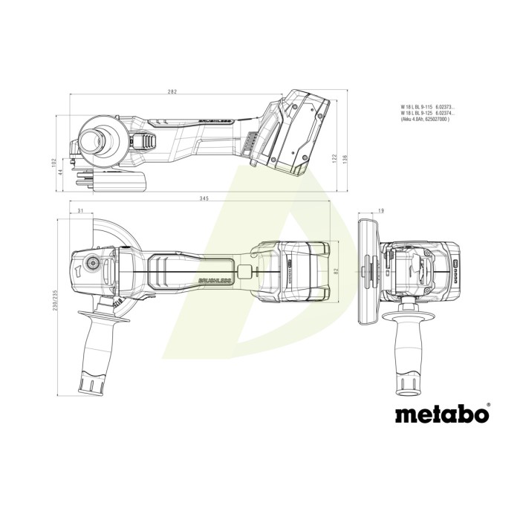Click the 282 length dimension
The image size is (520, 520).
pos(172,91)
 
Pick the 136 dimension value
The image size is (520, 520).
pos(347,158)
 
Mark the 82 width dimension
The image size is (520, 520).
pos(337,273)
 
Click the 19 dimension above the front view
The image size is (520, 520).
pos(380,212)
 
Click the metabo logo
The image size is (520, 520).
pos(443,412)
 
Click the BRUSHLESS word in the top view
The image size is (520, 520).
pos(215,278)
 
